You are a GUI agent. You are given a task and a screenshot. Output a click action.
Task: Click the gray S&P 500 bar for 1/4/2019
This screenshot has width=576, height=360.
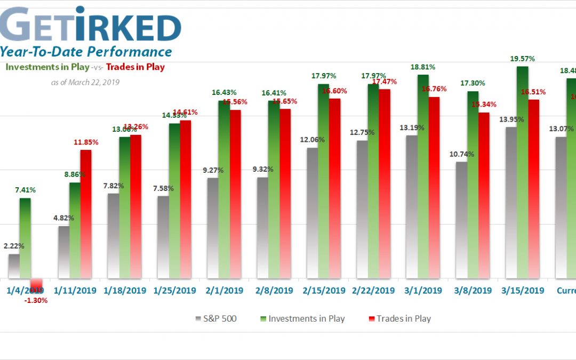pyautogui.click(x=13, y=266)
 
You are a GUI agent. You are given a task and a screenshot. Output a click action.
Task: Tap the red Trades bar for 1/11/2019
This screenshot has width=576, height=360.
pyautogui.click(x=86, y=214)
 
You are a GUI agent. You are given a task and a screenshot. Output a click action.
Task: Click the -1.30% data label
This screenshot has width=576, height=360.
pyautogui.click(x=36, y=300)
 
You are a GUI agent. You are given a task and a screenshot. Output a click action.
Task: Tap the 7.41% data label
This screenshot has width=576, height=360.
pyautogui.click(x=25, y=190)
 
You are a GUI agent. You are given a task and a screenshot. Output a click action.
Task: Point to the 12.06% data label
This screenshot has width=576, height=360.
pyautogui.click(x=312, y=140)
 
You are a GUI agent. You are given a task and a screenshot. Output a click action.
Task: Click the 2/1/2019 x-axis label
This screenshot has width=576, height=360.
pyautogui.click(x=225, y=291)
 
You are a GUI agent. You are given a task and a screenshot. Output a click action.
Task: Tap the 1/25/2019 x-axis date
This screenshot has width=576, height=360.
pyautogui.click(x=174, y=291)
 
